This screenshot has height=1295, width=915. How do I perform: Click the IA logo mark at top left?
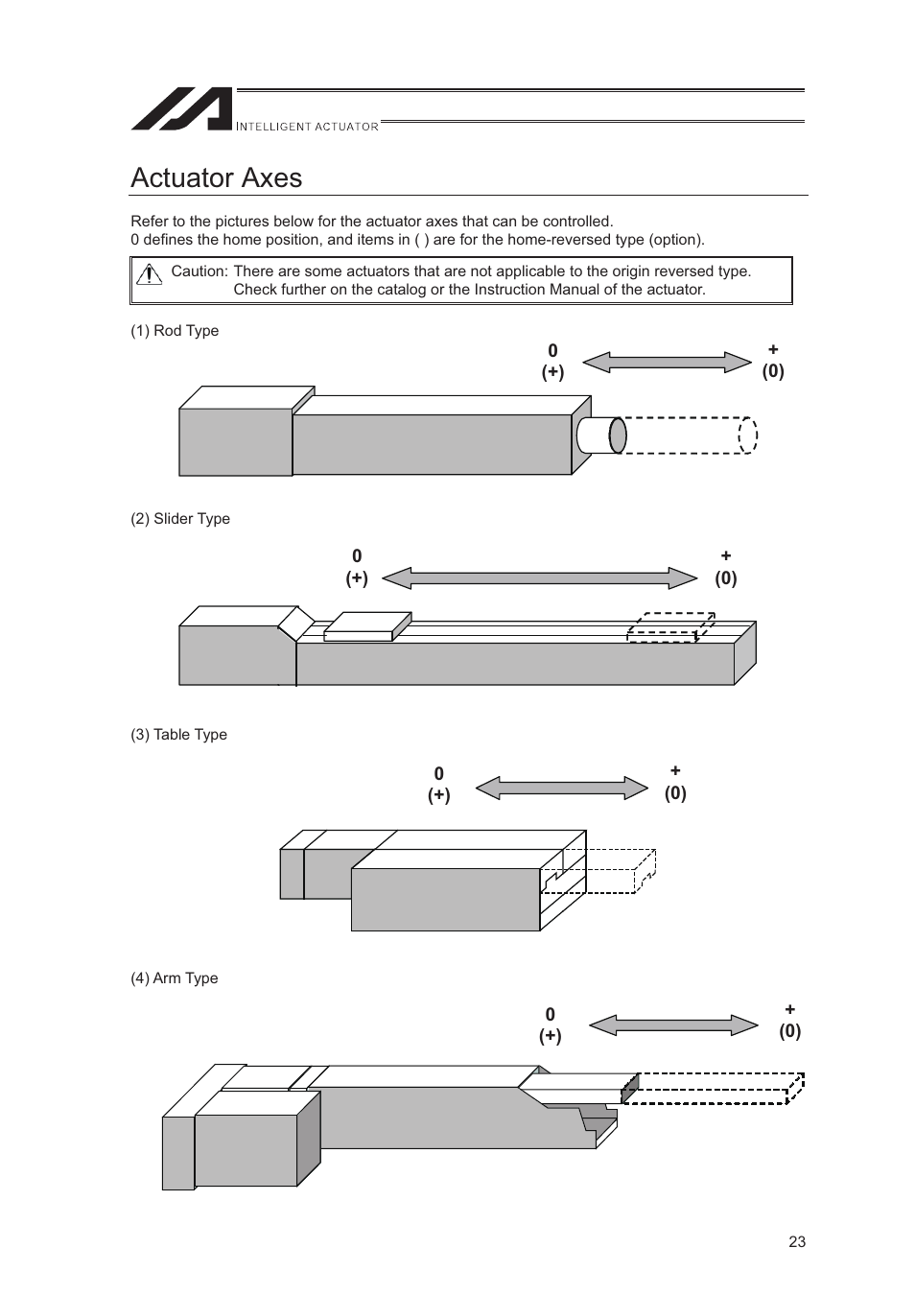point(181,109)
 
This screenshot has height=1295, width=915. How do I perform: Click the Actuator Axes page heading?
point(216,177)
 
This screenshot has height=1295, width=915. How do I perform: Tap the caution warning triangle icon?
point(149,274)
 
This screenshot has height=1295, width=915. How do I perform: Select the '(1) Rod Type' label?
point(175,330)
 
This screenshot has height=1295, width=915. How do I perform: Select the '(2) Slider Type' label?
point(180,518)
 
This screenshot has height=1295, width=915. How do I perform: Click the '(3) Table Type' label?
point(178,734)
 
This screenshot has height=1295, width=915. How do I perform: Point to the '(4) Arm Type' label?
point(174,977)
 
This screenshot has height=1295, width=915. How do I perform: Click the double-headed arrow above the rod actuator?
point(667,362)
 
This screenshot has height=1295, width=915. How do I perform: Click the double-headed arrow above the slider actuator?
point(539,577)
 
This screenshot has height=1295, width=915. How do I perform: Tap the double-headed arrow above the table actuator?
point(562,788)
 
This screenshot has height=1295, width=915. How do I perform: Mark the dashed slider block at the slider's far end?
point(670,626)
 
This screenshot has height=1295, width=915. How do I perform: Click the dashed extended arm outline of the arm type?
point(715,1088)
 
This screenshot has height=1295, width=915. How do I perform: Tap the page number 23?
point(797,1241)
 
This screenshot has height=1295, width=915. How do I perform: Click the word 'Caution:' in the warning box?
point(199,271)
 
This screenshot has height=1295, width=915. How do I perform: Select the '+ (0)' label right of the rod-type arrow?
point(773,361)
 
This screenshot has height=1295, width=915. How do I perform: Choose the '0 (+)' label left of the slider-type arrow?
point(357,567)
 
